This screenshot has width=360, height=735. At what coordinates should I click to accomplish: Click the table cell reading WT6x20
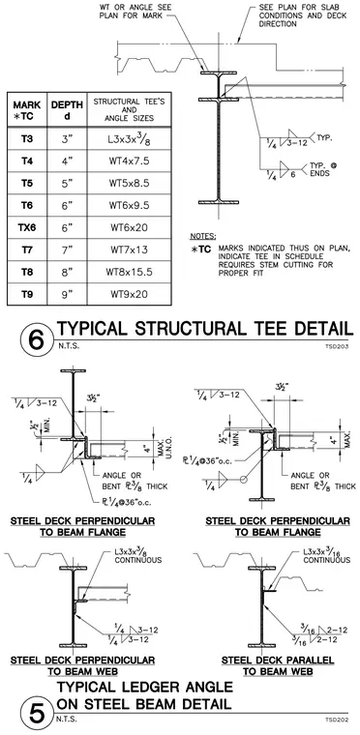129,228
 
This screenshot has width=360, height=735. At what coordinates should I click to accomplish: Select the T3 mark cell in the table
27,139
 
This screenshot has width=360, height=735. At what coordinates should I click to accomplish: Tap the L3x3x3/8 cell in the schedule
129,138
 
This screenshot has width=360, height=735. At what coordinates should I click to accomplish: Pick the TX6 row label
27,228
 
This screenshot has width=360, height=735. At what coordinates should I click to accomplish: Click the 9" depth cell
67,294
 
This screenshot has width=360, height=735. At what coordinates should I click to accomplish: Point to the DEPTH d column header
67,109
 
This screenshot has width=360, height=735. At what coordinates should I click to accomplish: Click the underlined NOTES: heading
203,236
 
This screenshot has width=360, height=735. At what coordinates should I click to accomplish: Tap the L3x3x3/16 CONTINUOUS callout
327,555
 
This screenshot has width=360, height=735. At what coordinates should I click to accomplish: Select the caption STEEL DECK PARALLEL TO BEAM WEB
278,665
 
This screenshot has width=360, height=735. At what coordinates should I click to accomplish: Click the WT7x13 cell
129,250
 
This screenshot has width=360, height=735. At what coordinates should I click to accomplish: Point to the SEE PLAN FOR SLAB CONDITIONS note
303,15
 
